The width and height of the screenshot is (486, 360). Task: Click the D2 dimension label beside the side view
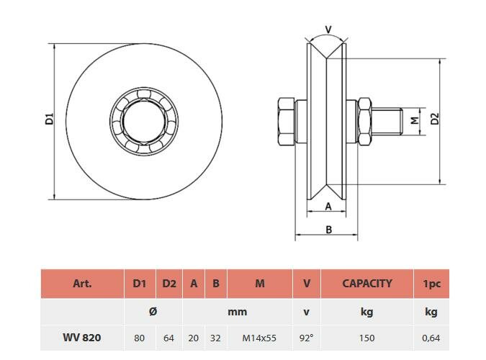click(x=434, y=119)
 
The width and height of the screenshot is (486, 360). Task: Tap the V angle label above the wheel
click(x=328, y=30)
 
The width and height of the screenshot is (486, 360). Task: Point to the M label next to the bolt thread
click(x=414, y=119)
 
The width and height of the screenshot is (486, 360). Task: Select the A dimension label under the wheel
click(x=328, y=207)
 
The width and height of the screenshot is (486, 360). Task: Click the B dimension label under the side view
click(x=328, y=230)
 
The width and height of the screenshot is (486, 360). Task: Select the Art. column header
click(x=82, y=284)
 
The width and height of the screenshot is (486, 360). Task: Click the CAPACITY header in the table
click(x=366, y=284)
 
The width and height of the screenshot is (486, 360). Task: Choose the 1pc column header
click(x=431, y=284)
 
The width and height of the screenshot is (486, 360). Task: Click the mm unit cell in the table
click(x=237, y=312)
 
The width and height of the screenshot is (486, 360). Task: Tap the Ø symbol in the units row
click(x=153, y=312)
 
